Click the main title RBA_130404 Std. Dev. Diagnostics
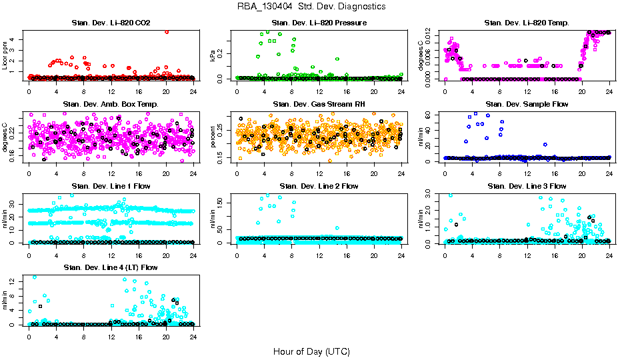(311, 7)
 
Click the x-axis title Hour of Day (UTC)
(311, 351)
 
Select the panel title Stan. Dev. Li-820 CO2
(111, 23)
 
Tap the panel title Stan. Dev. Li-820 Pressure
(319, 23)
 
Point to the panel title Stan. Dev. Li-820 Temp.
(527, 23)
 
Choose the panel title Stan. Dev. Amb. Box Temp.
(111, 105)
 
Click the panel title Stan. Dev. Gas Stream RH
(319, 105)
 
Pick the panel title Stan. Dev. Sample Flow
(527, 105)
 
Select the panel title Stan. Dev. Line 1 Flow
(111, 186)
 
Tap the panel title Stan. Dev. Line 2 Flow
(319, 186)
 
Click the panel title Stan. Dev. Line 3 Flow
(527, 186)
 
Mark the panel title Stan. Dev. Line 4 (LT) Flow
(111, 267)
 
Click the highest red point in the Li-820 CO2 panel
(166, 31)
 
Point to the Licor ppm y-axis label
(6, 55)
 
